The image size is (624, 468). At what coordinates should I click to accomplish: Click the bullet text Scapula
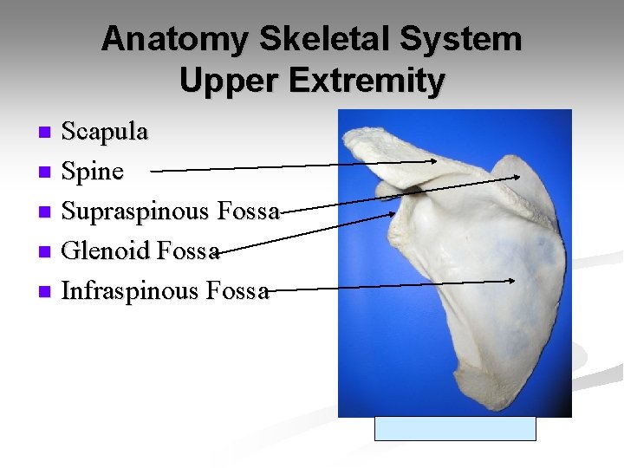tap(105, 132)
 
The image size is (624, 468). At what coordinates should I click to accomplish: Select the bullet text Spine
tap(92, 172)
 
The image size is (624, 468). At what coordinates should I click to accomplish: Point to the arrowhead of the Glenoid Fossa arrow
tap(393, 211)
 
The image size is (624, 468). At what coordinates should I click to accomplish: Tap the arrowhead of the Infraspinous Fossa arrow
tap(514, 280)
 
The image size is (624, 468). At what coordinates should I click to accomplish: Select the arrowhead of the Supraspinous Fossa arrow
tap(516, 176)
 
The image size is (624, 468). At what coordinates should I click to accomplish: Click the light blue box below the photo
tap(455, 429)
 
